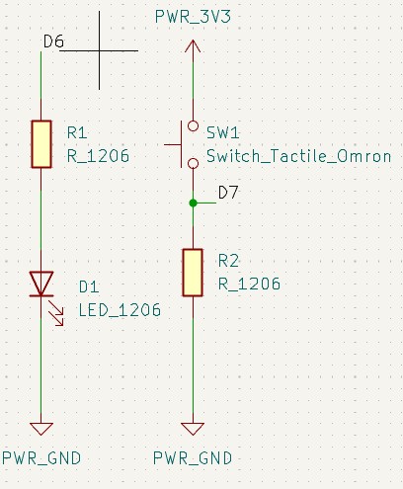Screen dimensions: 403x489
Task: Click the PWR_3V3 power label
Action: click(193, 17)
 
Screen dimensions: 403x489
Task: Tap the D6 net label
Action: click(53, 41)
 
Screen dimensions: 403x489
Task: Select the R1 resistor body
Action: click(41, 144)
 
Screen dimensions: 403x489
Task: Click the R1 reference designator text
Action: click(77, 132)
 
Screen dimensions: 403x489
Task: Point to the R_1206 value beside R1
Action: click(98, 156)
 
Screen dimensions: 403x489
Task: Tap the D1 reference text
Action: click(89, 287)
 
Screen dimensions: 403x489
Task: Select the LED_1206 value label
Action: click(120, 310)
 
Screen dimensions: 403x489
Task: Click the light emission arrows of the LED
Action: click(56, 313)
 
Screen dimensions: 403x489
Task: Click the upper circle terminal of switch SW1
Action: click(193, 125)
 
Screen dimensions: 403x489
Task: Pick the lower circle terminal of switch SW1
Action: click(193, 163)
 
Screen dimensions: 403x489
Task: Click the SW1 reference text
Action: click(222, 132)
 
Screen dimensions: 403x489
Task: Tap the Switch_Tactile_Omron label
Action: click(298, 156)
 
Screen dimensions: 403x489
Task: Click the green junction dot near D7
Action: click(193, 204)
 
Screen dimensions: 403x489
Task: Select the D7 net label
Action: click(228, 193)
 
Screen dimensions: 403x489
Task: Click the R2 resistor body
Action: click(193, 273)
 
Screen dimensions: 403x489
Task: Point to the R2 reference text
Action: click(228, 261)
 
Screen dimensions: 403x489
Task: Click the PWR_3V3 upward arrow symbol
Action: click(193, 46)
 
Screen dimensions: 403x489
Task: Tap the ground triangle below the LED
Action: click(41, 429)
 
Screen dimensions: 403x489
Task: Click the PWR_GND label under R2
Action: click(193, 458)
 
